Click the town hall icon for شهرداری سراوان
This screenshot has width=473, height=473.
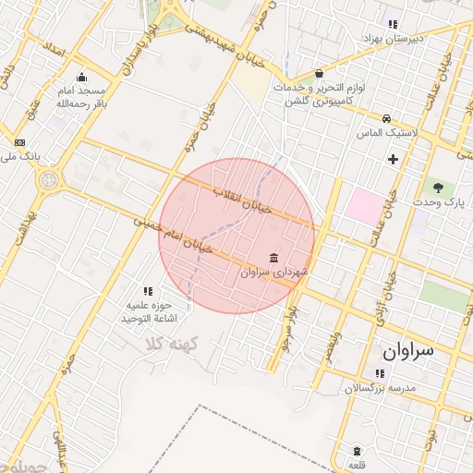click(x=273, y=257)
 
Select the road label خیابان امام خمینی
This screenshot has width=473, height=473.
click(x=174, y=235)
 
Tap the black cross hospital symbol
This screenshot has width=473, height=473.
click(x=394, y=159)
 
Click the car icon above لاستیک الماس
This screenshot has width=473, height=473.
click(x=386, y=118)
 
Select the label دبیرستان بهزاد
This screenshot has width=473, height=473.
click(x=417, y=39)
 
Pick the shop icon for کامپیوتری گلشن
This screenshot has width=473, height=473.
click(x=320, y=73)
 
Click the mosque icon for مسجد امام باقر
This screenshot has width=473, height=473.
click(x=82, y=78)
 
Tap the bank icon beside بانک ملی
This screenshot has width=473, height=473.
click(x=20, y=142)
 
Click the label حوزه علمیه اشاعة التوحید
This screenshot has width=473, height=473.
click(x=148, y=310)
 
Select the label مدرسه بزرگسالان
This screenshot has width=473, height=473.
click(x=381, y=388)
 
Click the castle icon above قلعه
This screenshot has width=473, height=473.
click(x=357, y=452)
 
